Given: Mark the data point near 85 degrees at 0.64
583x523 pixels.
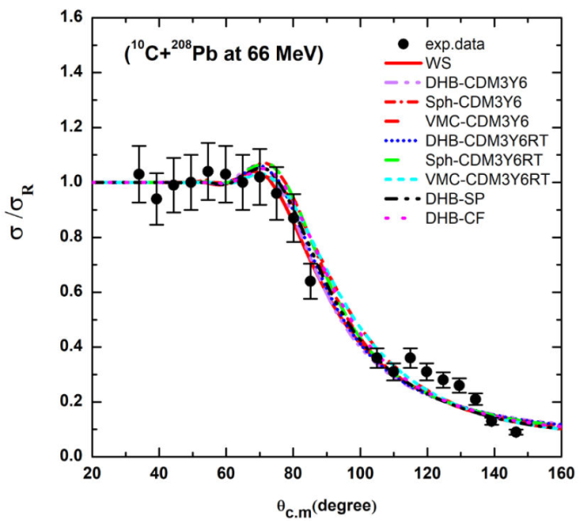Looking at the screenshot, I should [x=310, y=281].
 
